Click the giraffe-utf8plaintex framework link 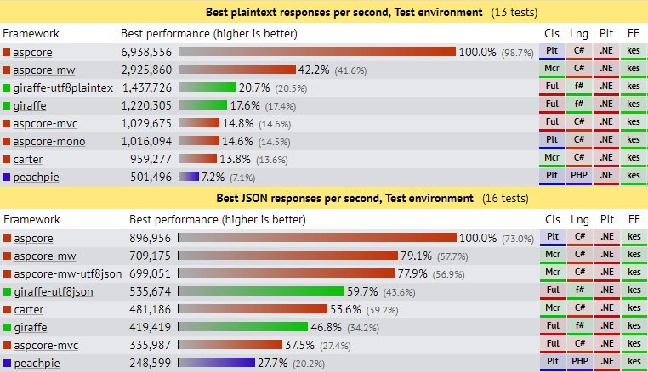tap(64, 87)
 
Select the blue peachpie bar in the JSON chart tap(216, 363)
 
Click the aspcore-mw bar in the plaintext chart tap(236, 70)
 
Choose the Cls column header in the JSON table tap(552, 219)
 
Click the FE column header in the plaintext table tap(633, 33)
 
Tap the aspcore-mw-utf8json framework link tap(68, 273)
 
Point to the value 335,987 tap(154, 345)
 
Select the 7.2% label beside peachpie tap(213, 177)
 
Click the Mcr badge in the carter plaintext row tap(552, 159)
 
